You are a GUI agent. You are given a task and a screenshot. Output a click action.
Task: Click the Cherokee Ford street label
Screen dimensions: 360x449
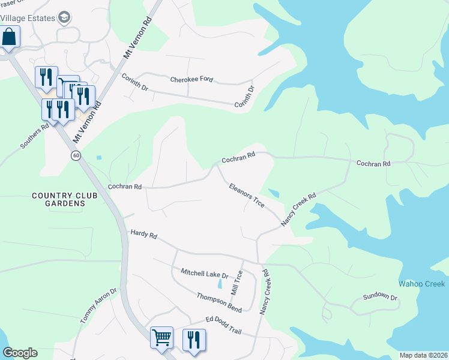tap(191, 79)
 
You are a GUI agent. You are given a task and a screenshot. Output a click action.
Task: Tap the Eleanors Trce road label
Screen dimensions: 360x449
tap(247, 196)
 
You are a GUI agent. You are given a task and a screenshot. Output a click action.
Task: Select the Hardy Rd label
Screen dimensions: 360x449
tap(143, 235)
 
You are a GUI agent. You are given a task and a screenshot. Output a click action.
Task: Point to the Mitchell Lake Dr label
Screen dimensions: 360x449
tap(205, 274)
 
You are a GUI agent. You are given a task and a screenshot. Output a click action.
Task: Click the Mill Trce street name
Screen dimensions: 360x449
tap(238, 283)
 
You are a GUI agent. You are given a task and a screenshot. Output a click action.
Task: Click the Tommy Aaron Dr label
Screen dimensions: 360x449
tap(98, 306)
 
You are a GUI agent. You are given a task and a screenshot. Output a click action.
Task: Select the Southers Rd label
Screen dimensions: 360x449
tap(34, 137)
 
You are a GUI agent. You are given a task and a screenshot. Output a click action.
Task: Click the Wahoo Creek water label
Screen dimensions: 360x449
tap(422, 283)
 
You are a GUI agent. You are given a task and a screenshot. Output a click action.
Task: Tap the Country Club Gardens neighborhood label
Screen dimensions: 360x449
tap(58, 200)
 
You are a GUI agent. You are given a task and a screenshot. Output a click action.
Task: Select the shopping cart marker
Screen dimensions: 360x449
tap(161, 338)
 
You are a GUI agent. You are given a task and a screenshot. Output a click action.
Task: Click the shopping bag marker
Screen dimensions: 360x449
tap(9, 37)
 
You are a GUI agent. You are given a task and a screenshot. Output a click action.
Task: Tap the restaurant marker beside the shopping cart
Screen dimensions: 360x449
tap(194, 339)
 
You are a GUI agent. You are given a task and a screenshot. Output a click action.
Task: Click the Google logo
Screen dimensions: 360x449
tap(20, 353)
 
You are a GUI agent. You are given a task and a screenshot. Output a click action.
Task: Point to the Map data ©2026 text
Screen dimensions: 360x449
tap(423, 355)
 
